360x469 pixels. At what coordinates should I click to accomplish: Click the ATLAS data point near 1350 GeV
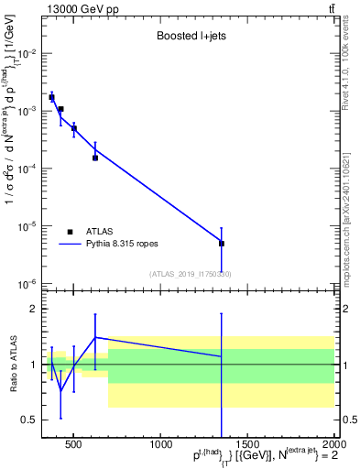(x=222, y=244)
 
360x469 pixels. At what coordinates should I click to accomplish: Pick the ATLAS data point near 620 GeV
(x=95, y=158)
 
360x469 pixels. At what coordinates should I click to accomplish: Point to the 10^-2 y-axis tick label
(x=31, y=53)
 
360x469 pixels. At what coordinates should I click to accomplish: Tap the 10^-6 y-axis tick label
(x=31, y=284)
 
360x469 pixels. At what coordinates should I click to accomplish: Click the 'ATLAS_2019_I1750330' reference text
(x=191, y=274)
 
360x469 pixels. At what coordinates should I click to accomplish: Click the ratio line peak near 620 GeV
(x=95, y=337)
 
